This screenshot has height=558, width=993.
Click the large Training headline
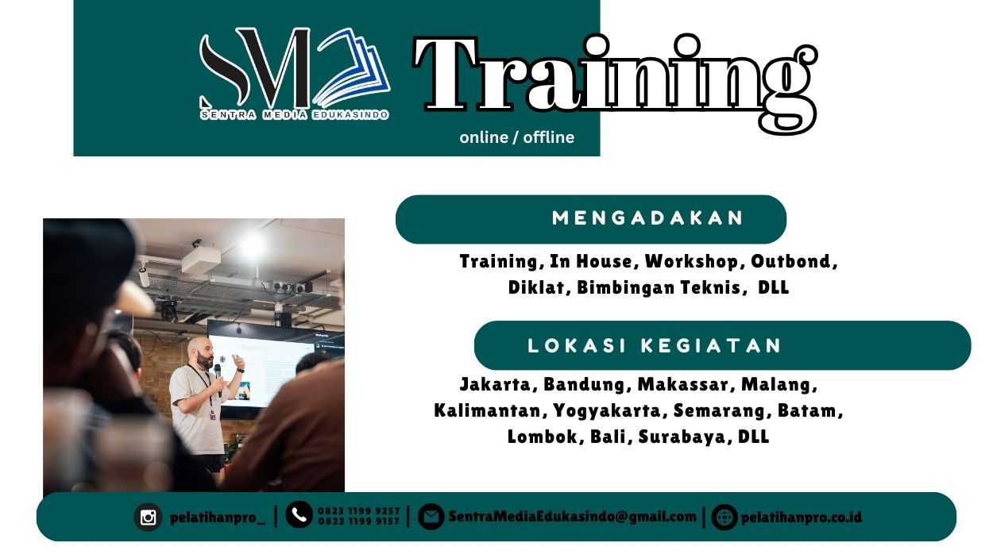(614, 79)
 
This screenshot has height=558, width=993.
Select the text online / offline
(516, 137)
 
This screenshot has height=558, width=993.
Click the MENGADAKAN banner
(590, 218)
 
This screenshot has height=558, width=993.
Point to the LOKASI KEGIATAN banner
(721, 345)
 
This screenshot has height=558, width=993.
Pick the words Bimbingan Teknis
(662, 287)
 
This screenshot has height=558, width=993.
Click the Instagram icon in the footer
(148, 518)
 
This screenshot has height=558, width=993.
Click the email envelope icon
(431, 518)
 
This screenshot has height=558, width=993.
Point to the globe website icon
(724, 518)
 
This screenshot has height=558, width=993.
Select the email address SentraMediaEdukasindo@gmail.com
(572, 517)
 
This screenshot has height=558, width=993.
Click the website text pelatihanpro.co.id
(801, 518)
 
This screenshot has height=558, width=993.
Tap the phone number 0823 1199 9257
(358, 511)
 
